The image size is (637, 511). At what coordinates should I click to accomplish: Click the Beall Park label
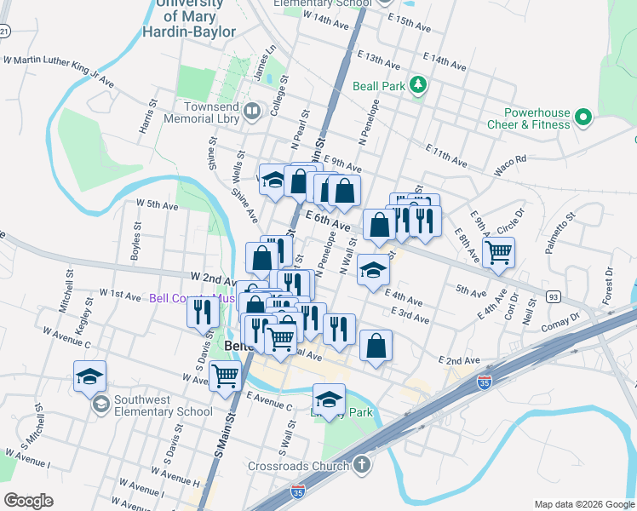[379, 85]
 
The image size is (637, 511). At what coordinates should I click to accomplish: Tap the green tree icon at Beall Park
[418, 84]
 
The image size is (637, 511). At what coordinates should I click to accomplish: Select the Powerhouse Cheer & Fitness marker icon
[583, 118]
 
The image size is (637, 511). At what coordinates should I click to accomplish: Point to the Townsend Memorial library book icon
[252, 112]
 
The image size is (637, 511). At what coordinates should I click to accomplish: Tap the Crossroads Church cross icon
[362, 465]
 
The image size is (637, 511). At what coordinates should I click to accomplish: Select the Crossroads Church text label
[298, 466]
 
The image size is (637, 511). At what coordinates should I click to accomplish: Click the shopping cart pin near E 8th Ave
[498, 250]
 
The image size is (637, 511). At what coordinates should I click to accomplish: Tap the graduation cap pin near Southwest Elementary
[89, 376]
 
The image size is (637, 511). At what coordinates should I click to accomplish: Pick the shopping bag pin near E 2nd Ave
[376, 345]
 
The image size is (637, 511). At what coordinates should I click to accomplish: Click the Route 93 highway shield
[554, 296]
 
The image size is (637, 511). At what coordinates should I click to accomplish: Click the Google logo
[28, 501]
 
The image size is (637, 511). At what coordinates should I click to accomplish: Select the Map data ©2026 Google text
[583, 504]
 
